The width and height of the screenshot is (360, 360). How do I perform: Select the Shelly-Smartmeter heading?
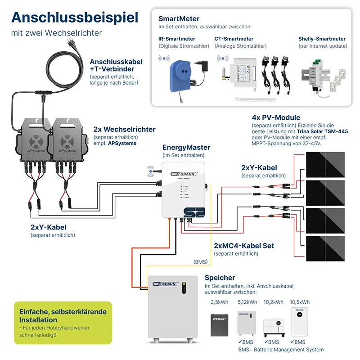coord(322,39)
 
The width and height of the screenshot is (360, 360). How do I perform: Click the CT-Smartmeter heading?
coord(234,39)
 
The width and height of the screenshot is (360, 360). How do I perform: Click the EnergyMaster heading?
coord(186,148)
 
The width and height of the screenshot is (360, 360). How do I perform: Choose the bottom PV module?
coord(325,248)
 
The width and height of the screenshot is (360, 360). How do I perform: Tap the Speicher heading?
coord(220,278)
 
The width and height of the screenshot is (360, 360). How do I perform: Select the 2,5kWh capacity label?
coord(220,302)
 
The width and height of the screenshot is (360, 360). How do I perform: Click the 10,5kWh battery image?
coord(300,322)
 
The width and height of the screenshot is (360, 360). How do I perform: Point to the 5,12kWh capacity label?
coord(247,302)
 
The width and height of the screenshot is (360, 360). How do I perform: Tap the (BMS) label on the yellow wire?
coord(201,261)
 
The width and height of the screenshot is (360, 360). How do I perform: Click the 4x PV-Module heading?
coord(276,118)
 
